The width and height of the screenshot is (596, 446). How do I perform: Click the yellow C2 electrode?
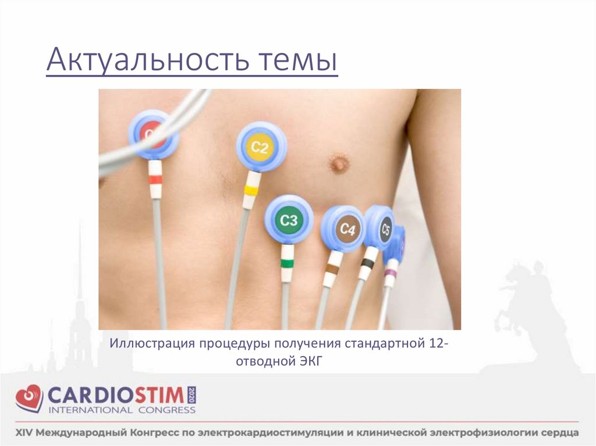[261, 147]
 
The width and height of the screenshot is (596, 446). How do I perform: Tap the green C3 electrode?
[289, 220]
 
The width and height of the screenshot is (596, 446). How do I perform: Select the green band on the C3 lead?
[287, 263]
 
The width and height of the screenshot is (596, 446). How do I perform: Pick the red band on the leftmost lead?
[155, 180]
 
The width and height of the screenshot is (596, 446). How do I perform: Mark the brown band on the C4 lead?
[332, 268]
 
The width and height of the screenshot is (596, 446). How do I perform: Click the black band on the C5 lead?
[367, 263]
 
